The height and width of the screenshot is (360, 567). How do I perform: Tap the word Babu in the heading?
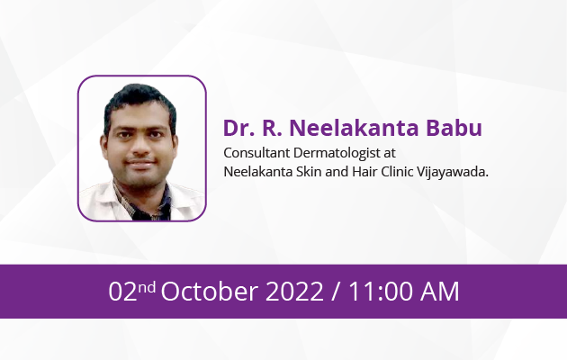(454, 128)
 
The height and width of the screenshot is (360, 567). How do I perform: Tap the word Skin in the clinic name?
(309, 171)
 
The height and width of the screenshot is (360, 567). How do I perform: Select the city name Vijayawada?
(453, 172)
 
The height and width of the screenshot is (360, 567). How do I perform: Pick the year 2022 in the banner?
(294, 291)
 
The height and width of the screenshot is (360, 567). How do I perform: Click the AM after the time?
(439, 291)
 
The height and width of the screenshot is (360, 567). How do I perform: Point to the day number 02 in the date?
(122, 291)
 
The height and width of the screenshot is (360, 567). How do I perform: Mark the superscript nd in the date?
(147, 287)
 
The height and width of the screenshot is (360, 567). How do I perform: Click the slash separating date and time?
(336, 292)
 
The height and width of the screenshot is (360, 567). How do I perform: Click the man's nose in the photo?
(140, 148)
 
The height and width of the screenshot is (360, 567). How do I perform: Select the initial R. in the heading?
(272, 128)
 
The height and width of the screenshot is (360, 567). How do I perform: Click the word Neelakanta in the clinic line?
(257, 171)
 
